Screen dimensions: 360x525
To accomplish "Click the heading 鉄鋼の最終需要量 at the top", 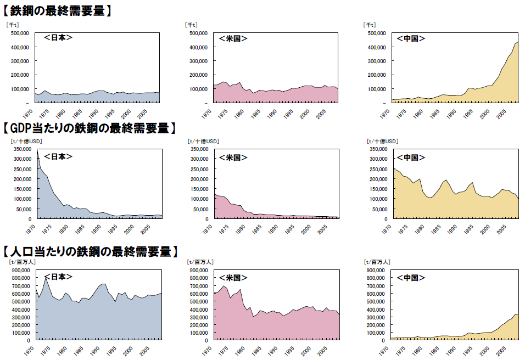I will tap(58, 10).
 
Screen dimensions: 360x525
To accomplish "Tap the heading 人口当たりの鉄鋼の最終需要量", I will tap(91, 252).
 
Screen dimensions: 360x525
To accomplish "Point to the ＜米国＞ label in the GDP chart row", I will tap(233, 157).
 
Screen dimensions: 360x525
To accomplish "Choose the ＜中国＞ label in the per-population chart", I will tap(411, 278).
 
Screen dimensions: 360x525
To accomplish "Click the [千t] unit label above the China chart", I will tap(371, 25).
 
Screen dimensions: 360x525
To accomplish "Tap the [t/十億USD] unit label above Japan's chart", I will tap(26, 141).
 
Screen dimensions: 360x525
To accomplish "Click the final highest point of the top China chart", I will tap(517, 42).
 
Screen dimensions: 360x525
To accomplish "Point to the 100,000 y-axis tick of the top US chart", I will tap(197, 89).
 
